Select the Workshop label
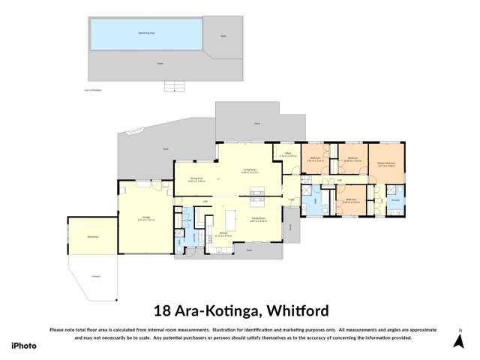(x=92, y=237)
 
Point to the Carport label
(x=96, y=276)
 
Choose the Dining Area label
(x=196, y=180)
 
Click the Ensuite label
(x=395, y=200)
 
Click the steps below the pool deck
(x=174, y=85)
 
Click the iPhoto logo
(x=24, y=345)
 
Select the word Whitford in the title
(x=290, y=310)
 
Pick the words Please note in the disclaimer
(x=62, y=330)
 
